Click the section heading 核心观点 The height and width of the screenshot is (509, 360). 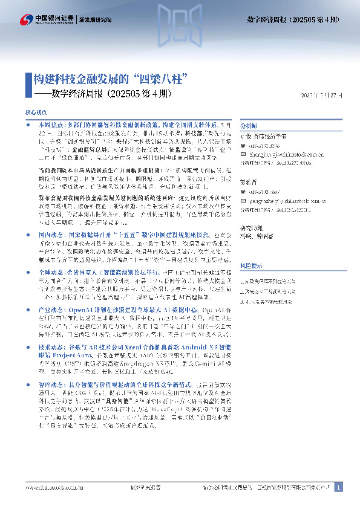point(35,112)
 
